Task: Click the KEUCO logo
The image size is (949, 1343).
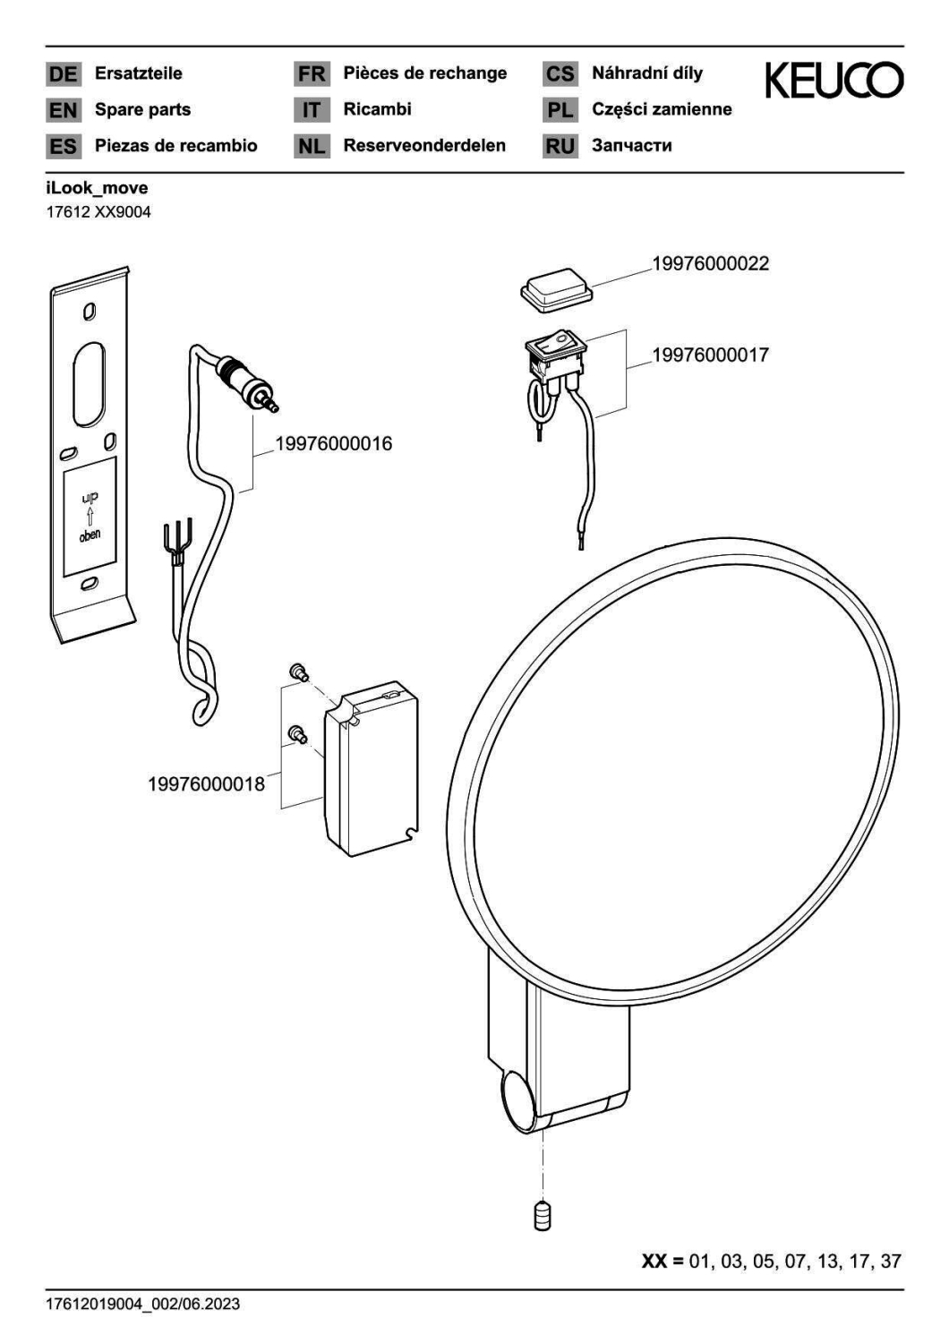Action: pyautogui.click(x=834, y=81)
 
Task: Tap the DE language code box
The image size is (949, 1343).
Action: pyautogui.click(x=63, y=73)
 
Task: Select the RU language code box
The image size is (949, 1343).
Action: pyautogui.click(x=560, y=146)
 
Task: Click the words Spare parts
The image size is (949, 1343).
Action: pyautogui.click(x=142, y=110)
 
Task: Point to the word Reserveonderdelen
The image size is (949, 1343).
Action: pyautogui.click(x=424, y=145)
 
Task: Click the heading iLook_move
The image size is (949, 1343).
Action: pyautogui.click(x=97, y=188)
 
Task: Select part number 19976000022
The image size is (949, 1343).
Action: pyautogui.click(x=710, y=264)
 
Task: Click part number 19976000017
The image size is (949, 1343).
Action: pyautogui.click(x=710, y=355)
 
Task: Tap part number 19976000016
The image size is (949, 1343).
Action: pyautogui.click(x=333, y=444)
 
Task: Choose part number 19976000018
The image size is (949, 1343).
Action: pyautogui.click(x=206, y=784)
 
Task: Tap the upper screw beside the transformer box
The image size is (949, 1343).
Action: pyautogui.click(x=298, y=672)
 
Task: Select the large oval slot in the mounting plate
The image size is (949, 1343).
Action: pyautogui.click(x=89, y=384)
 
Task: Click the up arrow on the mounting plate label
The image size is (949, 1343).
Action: pyautogui.click(x=90, y=517)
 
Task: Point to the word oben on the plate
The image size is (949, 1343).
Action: pyautogui.click(x=90, y=535)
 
